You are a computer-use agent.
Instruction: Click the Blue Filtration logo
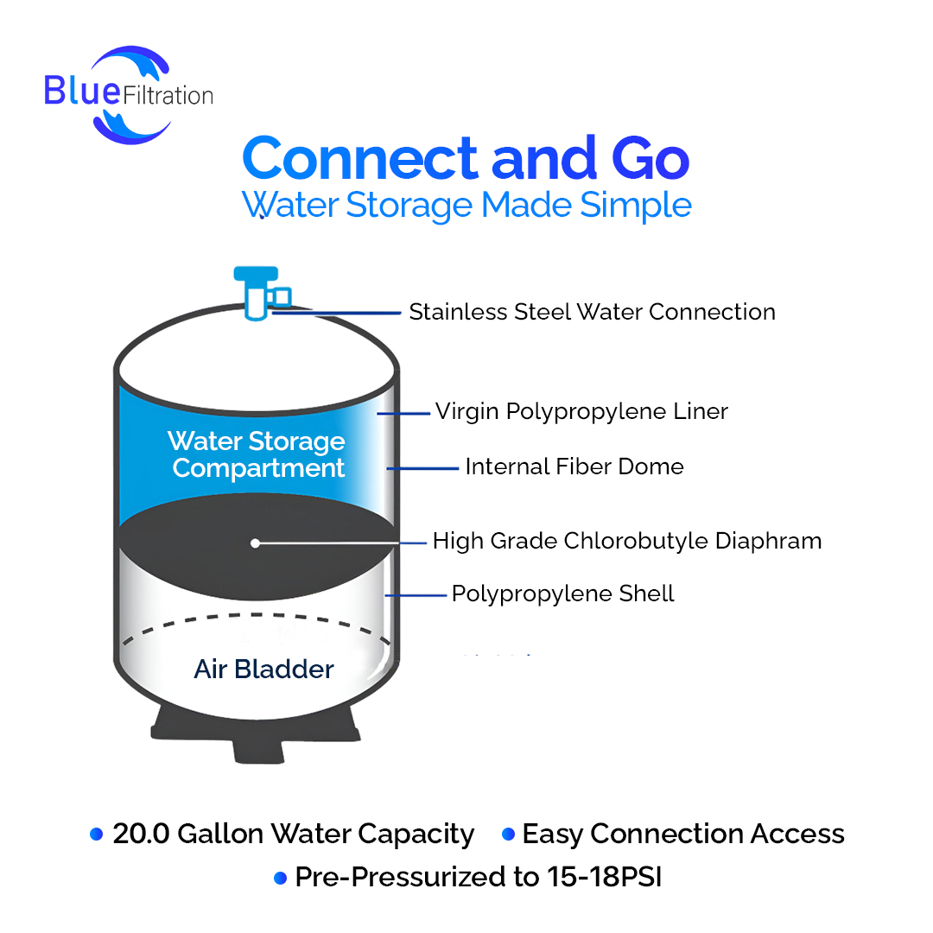point(129,95)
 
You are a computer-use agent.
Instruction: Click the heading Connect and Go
point(466,158)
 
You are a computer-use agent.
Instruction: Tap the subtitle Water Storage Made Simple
point(466,206)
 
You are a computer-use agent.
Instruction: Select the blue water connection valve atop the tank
point(261,294)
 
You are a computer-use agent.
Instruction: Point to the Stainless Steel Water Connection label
point(592,312)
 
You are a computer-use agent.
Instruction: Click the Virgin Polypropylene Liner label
point(581,411)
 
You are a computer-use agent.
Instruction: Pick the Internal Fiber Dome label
point(574,466)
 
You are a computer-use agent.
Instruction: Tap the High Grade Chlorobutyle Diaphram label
point(627,541)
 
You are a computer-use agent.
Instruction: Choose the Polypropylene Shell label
point(563,593)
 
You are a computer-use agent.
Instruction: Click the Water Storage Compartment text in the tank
point(257,454)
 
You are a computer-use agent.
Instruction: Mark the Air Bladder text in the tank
point(263,669)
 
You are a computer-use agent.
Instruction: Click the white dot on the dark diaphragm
point(255,543)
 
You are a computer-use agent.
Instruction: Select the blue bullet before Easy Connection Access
point(508,835)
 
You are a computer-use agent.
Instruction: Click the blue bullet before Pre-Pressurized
point(280,878)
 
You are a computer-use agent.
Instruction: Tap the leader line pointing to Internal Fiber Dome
point(422,469)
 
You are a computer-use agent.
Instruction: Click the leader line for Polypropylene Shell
point(416,595)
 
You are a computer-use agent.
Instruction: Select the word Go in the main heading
point(651,158)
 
